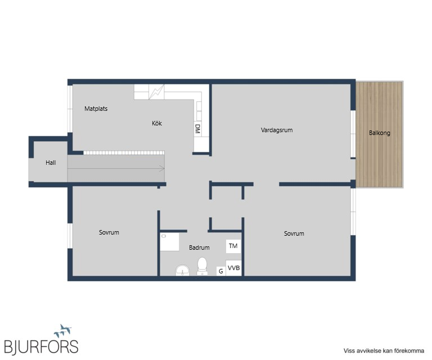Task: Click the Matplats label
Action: click(x=96, y=109)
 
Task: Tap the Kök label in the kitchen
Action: click(x=157, y=123)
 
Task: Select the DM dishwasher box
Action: click(x=197, y=129)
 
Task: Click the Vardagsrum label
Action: click(x=277, y=130)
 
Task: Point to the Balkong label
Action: click(x=379, y=133)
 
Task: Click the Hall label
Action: click(x=51, y=163)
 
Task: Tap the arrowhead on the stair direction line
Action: click(x=162, y=168)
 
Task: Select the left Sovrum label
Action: click(x=109, y=232)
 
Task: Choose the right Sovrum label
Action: click(x=294, y=233)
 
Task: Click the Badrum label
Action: click(x=199, y=247)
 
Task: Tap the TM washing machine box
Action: click(x=233, y=246)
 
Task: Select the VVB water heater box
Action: click(x=233, y=268)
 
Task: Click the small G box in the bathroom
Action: click(x=220, y=271)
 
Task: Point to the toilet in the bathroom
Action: click(x=202, y=266)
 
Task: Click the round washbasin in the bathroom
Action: click(x=183, y=270)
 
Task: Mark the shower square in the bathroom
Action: click(x=170, y=242)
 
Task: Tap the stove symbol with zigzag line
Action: click(x=156, y=92)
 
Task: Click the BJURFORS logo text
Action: click(x=41, y=346)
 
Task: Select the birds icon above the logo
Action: click(x=63, y=331)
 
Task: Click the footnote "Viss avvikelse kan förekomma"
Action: click(x=384, y=350)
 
